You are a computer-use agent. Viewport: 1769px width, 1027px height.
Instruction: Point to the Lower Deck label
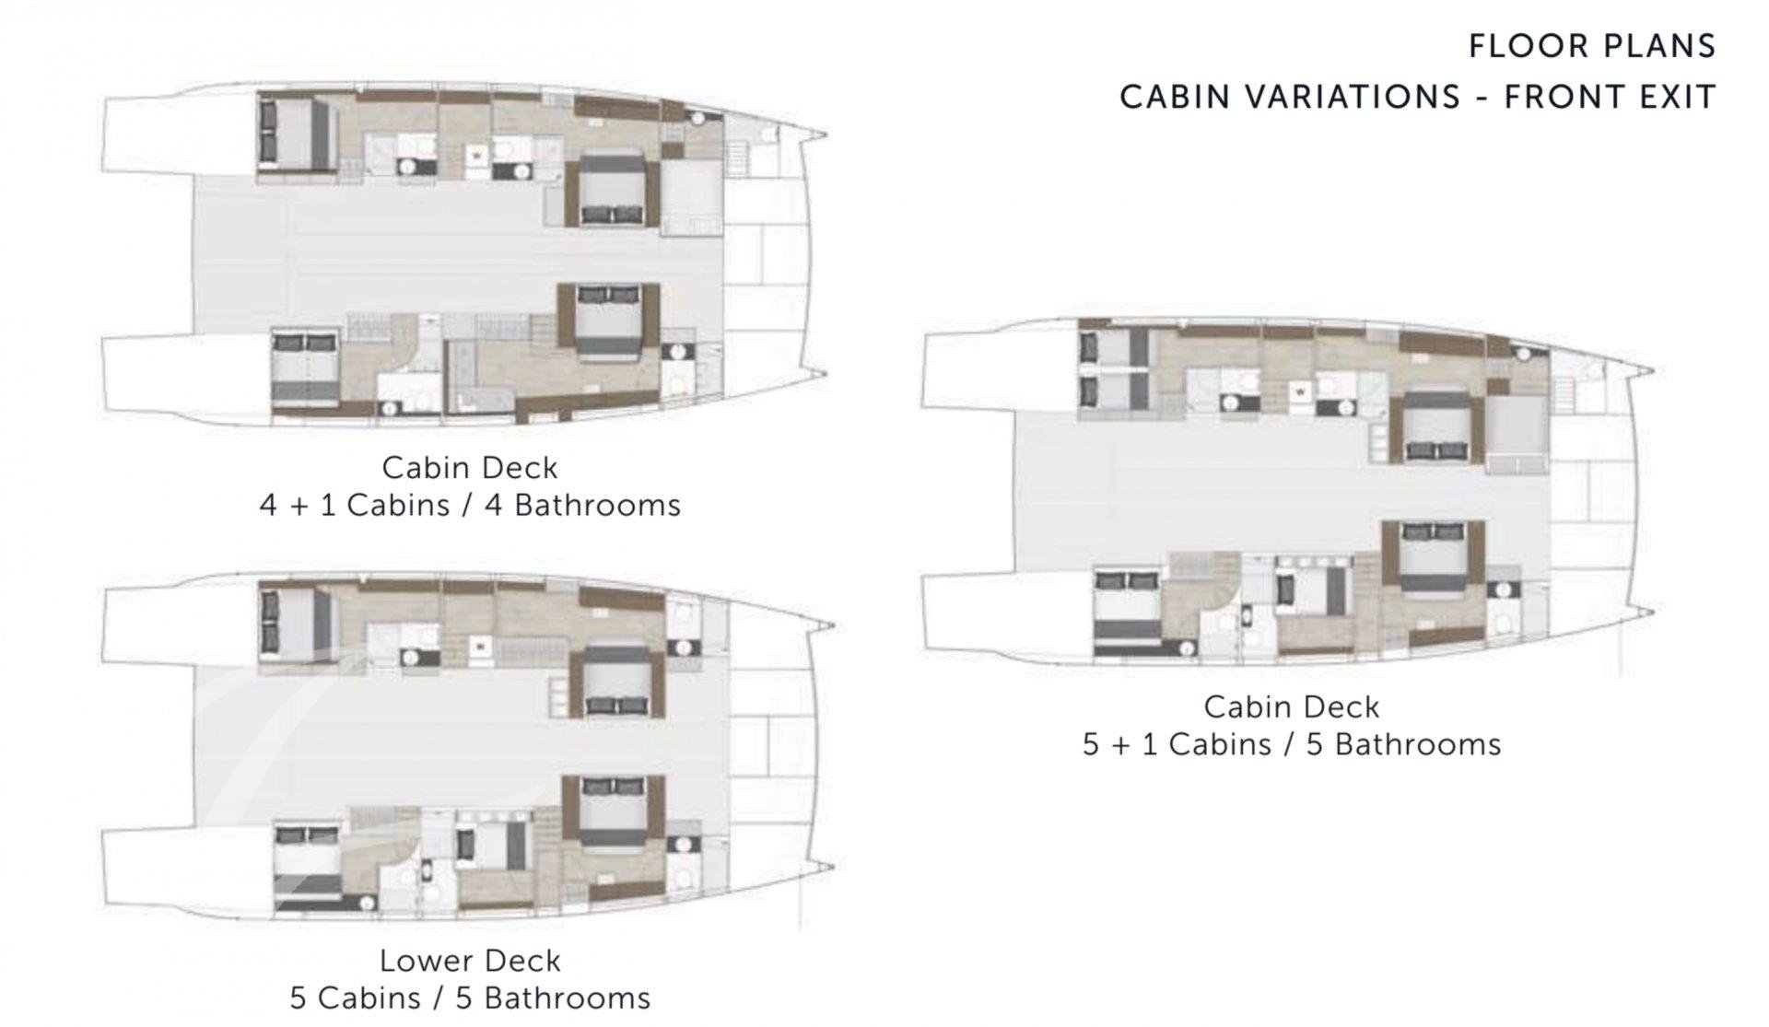pos(470,961)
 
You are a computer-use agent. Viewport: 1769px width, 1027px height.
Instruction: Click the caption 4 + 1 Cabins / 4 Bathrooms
pos(470,505)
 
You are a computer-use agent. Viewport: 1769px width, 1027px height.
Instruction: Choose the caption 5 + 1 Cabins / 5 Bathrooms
pos(1292,744)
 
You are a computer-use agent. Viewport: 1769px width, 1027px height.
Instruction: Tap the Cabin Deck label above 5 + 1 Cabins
pos(1292,706)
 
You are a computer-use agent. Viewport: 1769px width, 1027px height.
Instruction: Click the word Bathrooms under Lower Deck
pos(567,998)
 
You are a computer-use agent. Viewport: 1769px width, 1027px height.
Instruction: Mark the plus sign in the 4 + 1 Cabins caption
pos(299,506)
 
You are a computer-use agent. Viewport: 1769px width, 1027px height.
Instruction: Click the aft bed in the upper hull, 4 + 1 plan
pos(295,134)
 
